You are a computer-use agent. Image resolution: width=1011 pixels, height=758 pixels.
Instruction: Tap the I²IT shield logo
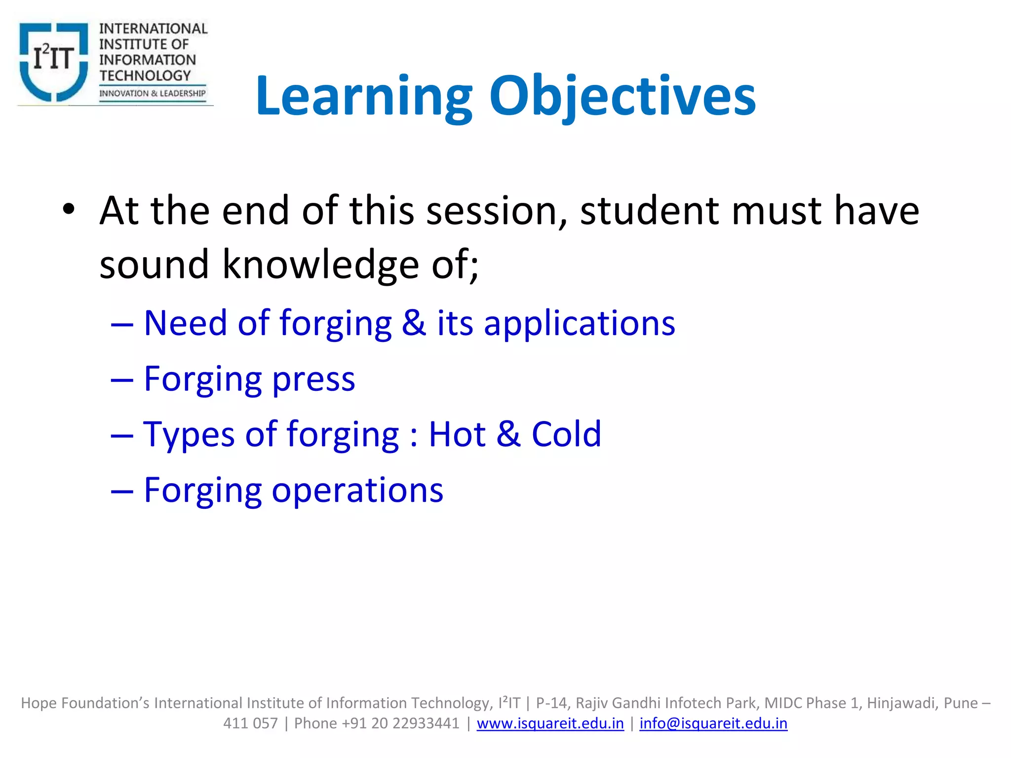[x=53, y=61]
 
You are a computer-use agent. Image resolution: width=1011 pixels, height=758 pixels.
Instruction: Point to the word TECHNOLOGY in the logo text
[x=145, y=76]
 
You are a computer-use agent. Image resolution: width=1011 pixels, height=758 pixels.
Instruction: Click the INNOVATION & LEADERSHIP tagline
[x=152, y=93]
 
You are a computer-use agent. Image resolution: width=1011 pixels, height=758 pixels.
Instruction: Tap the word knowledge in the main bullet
[x=321, y=265]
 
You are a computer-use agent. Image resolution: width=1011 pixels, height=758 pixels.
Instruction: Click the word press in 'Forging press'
[x=313, y=379]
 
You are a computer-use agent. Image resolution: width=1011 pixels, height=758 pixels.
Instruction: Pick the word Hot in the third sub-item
[x=457, y=434]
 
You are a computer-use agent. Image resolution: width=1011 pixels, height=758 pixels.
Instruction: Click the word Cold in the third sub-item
[x=566, y=434]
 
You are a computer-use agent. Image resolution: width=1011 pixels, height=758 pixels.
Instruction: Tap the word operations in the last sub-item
[x=357, y=491]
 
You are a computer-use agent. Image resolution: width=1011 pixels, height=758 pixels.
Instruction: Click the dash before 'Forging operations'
[x=122, y=492]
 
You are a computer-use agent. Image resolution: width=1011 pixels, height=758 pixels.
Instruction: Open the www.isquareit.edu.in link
[x=550, y=723]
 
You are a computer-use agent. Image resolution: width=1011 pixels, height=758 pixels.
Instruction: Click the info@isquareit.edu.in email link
[x=713, y=723]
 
